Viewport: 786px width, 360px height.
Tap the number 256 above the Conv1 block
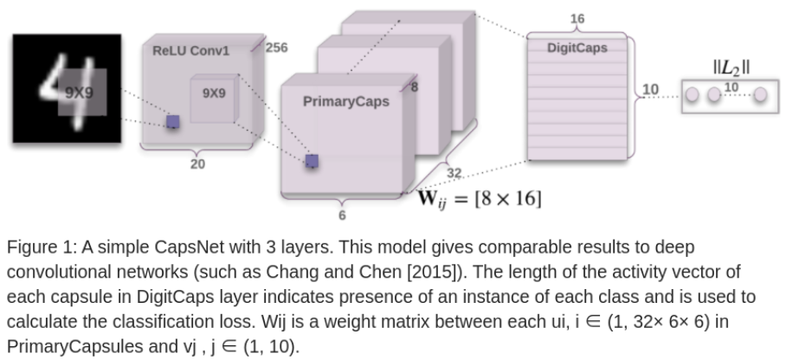pyautogui.click(x=276, y=48)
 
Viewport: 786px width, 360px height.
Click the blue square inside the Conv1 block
pyautogui.click(x=173, y=122)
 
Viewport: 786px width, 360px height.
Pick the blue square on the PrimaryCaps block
pyautogui.click(x=312, y=160)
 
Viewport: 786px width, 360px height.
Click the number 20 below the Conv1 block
pyautogui.click(x=197, y=164)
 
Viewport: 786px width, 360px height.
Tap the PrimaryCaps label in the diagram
pyautogui.click(x=346, y=102)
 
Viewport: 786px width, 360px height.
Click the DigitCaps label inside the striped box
pyautogui.click(x=577, y=48)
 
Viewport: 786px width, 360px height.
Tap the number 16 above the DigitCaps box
pyautogui.click(x=577, y=19)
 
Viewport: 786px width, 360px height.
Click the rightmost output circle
pyautogui.click(x=759, y=93)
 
